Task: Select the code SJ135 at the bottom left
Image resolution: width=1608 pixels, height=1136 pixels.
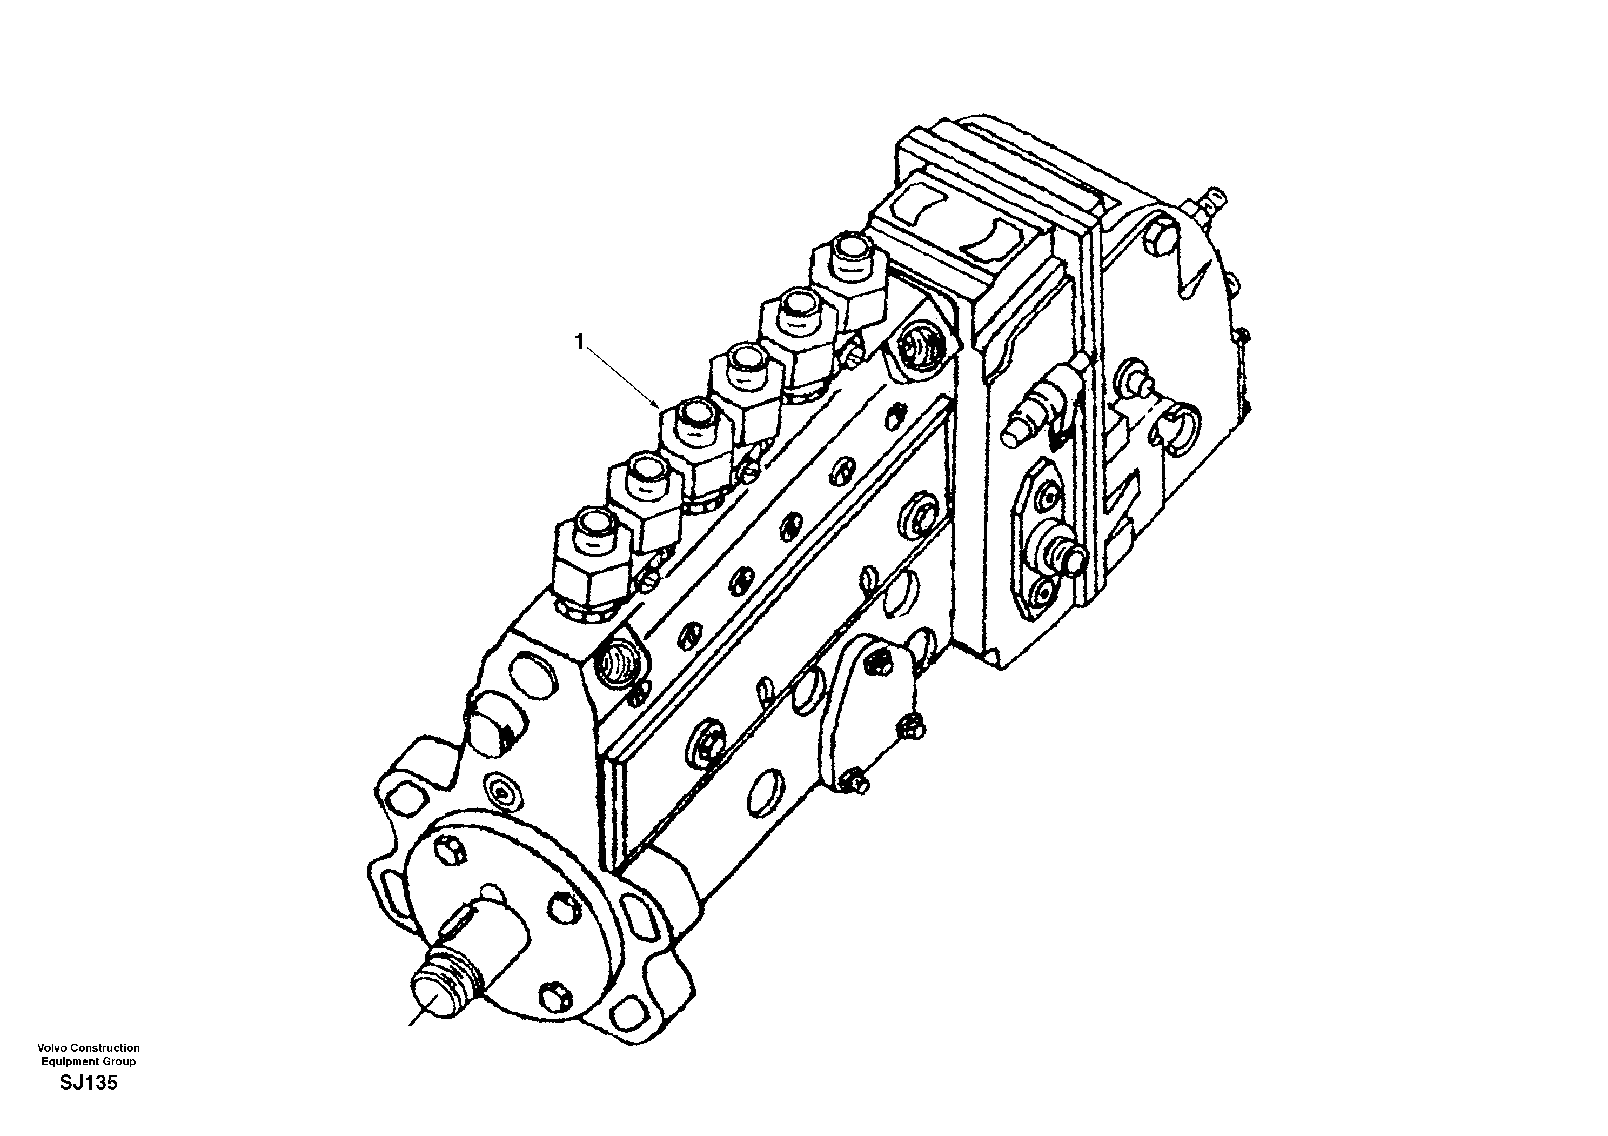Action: [x=88, y=1103]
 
